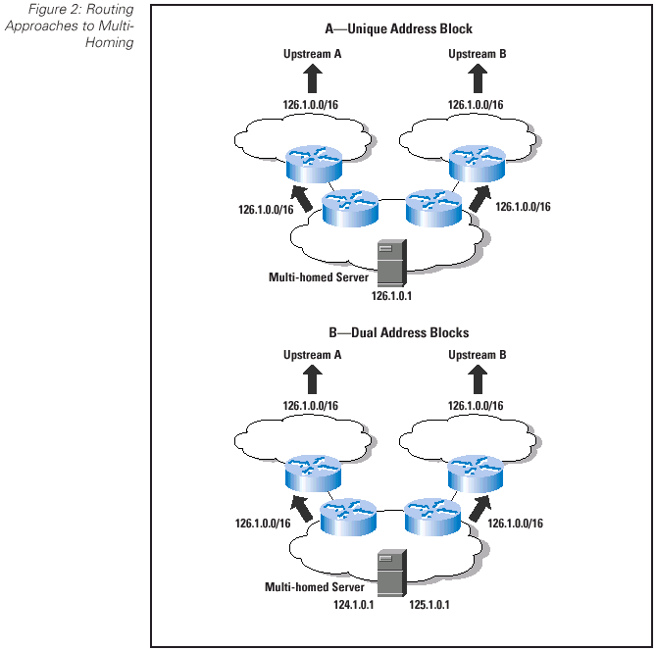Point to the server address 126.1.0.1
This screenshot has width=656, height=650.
coord(390,294)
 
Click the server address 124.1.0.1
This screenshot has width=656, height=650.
coord(355,605)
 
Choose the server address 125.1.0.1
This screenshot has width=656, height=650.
coord(430,605)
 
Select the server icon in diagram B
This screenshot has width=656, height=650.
coord(390,571)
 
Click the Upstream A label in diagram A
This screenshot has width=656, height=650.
coord(312,53)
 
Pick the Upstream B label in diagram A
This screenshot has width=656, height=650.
coord(478,53)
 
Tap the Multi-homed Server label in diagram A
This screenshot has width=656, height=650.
coord(319,277)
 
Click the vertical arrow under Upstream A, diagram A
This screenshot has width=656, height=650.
coord(313,79)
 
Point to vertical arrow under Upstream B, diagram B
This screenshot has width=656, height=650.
coord(478,380)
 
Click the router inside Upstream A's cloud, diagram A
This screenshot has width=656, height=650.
coord(313,162)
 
